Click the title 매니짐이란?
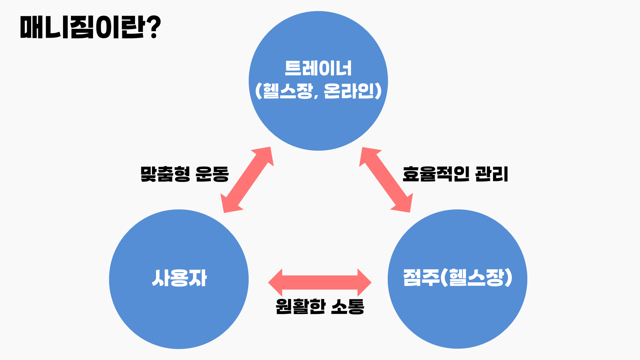click(90, 27)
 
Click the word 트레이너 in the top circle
click(318, 68)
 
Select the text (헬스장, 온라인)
click(318, 91)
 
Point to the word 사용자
click(179, 278)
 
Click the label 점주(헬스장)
click(457, 277)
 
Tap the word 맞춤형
click(165, 174)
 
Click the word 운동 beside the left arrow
click(212, 174)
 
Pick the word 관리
click(492, 174)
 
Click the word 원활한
click(300, 306)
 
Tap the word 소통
click(348, 306)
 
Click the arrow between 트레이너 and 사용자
click(247, 180)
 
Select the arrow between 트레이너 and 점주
click(386, 180)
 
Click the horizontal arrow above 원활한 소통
click(320, 282)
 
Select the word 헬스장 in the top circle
click(288, 91)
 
